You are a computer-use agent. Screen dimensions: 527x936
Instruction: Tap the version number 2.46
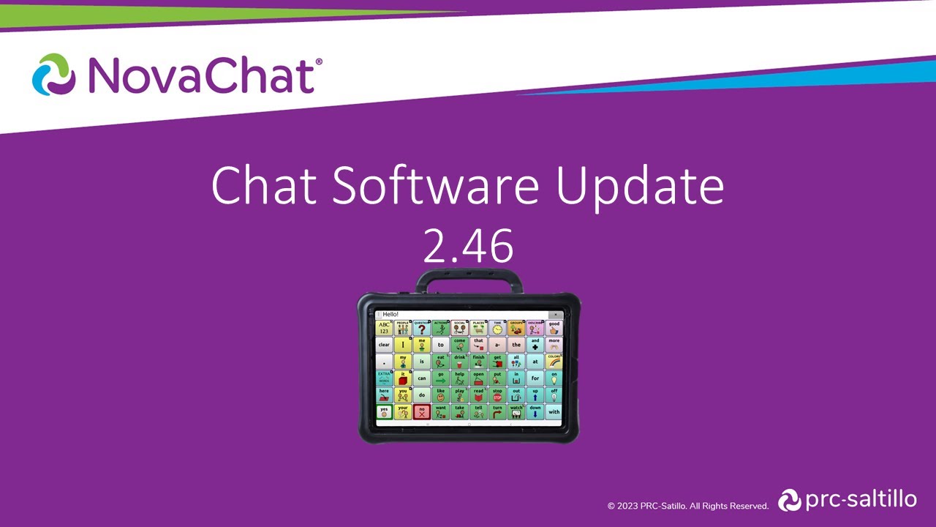[468, 247]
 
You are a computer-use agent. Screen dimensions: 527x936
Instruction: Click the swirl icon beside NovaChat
[53, 74]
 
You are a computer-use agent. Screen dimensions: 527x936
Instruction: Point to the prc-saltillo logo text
[860, 500]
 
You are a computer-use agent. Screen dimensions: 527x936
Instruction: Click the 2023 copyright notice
[688, 506]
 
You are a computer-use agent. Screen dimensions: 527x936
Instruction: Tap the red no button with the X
[422, 412]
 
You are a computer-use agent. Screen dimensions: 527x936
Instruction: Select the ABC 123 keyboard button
[384, 327]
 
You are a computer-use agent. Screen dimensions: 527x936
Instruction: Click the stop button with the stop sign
[497, 395]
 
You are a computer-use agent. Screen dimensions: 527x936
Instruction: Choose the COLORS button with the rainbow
[554, 361]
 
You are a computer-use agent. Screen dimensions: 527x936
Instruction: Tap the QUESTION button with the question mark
[422, 327]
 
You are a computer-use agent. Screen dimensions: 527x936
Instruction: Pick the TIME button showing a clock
[497, 327]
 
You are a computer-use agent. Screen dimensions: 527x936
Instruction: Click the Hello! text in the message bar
[391, 315]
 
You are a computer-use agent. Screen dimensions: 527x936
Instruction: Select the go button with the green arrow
[440, 378]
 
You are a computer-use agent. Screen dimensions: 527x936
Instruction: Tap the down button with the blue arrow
[535, 412]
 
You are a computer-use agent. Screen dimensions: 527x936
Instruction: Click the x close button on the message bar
[556, 315]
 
